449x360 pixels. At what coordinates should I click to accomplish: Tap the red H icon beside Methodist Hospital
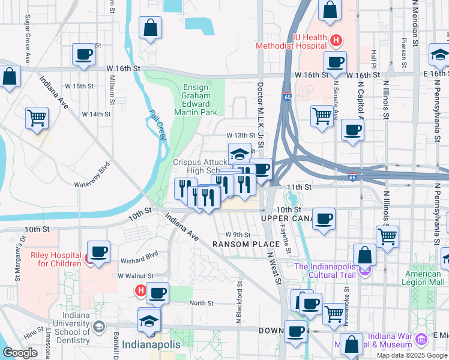click(x=337, y=41)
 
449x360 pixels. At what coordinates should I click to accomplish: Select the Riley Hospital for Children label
click(x=56, y=259)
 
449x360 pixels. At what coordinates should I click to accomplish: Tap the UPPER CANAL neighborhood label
click(x=284, y=218)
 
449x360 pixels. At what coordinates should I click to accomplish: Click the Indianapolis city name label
click(x=151, y=345)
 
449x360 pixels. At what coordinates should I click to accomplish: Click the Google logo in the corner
click(x=20, y=353)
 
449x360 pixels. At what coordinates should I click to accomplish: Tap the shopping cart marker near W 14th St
click(x=37, y=118)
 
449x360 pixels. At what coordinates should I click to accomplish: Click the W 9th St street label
click(x=238, y=235)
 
